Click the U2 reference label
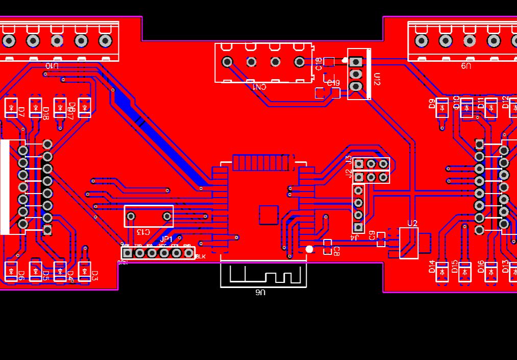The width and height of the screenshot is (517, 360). point(412,223)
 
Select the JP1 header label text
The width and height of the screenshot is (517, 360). point(166,239)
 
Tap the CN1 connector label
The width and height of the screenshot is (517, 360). point(260,87)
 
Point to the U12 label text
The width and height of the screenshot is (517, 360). point(377,79)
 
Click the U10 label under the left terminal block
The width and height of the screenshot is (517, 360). point(52,66)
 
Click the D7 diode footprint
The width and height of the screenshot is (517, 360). point(11,108)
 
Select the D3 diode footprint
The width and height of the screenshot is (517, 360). point(84,272)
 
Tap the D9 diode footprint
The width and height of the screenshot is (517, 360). point(442,108)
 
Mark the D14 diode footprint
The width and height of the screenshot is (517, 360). point(442,272)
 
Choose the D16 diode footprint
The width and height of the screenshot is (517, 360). point(491,272)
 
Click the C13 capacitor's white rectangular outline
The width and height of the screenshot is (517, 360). point(149,216)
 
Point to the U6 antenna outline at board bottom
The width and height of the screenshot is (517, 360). point(263,275)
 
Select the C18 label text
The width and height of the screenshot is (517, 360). point(318,64)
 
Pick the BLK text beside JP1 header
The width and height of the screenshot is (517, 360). point(201,256)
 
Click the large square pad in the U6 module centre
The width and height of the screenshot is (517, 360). point(269,215)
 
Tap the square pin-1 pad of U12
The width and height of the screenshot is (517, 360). point(357,62)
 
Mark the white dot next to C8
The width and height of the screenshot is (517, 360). point(309,249)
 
